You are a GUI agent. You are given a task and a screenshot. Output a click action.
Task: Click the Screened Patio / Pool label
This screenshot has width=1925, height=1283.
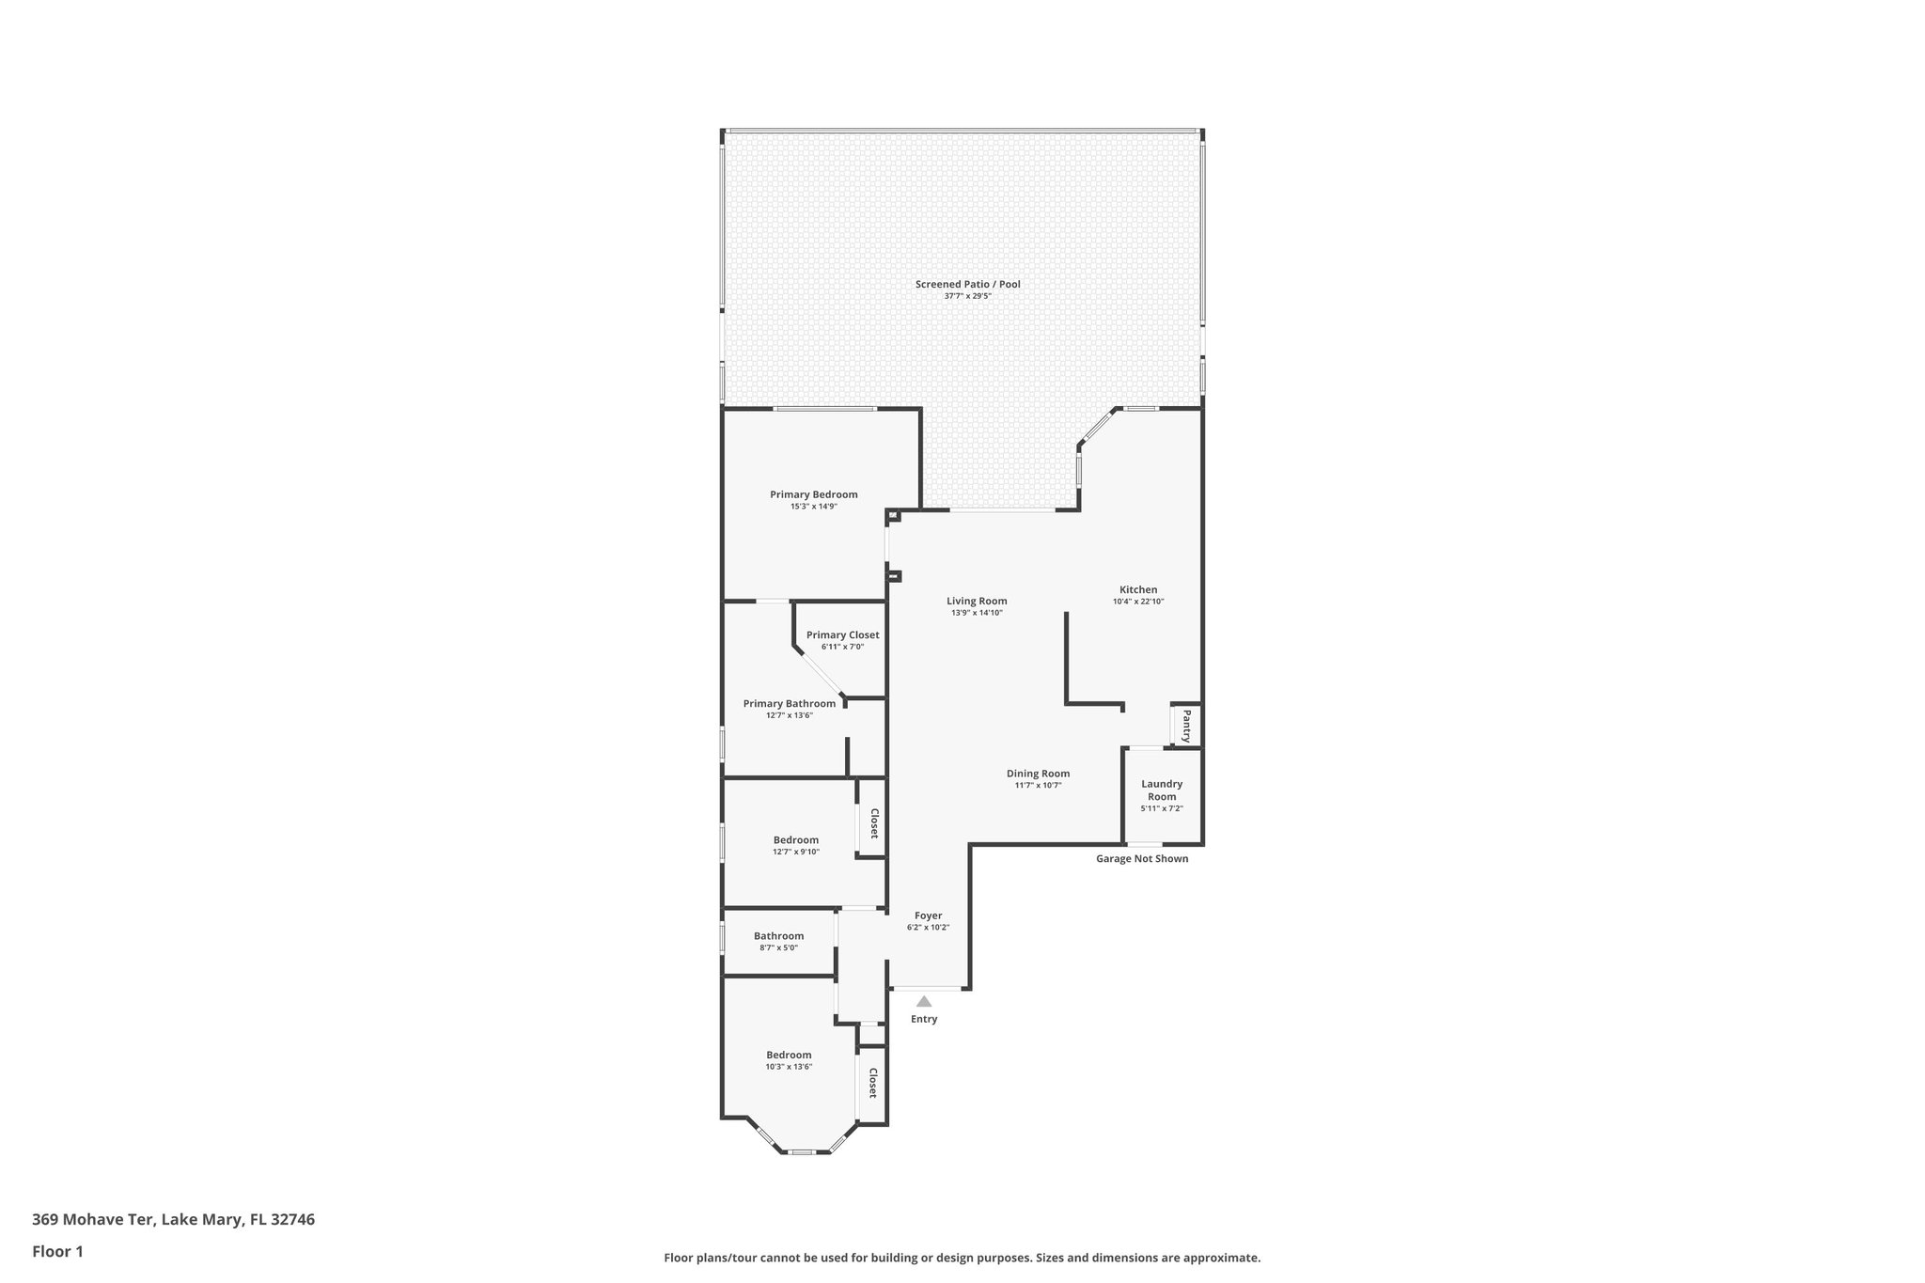coord(967,284)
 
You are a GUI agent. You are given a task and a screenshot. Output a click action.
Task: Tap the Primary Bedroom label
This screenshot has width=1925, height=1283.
coord(813,494)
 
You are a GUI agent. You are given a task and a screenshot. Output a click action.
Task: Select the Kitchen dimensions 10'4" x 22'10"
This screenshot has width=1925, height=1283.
coord(1137,602)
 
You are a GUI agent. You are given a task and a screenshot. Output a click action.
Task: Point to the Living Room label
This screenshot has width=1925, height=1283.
coord(977,601)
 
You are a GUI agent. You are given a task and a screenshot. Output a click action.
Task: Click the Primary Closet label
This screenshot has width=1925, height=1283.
coord(842,634)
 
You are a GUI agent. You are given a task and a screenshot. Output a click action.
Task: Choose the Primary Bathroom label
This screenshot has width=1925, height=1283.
coord(789,703)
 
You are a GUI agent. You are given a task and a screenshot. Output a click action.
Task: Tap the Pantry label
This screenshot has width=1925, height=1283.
coord(1186,726)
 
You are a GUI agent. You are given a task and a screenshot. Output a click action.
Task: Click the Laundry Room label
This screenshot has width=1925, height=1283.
coord(1162,790)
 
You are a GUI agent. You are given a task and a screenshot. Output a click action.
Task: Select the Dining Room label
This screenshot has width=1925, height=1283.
coord(1038,774)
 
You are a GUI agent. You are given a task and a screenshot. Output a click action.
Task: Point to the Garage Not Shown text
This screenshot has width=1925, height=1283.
coord(1142,858)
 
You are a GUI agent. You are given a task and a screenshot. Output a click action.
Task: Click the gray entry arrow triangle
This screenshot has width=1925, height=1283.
coord(924,1002)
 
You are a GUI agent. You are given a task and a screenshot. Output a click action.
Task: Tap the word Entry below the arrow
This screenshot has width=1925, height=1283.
coord(924,1019)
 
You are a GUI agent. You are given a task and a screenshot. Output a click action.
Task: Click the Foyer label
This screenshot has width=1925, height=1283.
coord(928,915)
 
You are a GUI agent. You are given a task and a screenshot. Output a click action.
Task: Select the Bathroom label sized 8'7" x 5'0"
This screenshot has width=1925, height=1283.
coord(778,935)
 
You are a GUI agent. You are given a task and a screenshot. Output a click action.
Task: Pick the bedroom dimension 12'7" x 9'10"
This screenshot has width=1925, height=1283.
coord(796,852)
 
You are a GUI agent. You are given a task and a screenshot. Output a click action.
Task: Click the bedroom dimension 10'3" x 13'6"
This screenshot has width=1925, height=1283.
coord(789,1067)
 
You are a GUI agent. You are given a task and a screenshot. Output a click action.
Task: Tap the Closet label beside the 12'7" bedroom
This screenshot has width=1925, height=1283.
coord(873,823)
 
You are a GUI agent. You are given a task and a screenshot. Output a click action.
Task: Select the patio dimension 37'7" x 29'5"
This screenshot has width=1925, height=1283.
coord(967,296)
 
